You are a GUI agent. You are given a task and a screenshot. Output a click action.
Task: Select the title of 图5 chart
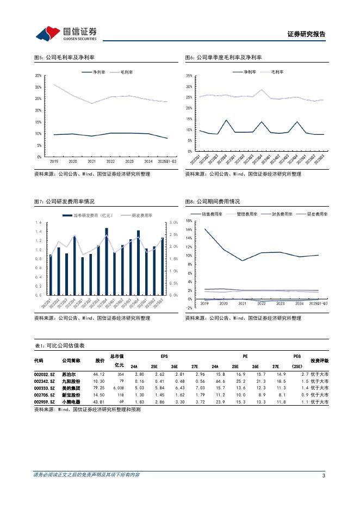click(64, 57)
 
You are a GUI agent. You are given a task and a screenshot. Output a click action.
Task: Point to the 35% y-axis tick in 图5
click(39, 76)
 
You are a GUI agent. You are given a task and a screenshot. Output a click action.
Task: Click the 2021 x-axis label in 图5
click(92, 162)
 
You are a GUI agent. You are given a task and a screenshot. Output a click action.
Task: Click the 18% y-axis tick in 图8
click(188, 221)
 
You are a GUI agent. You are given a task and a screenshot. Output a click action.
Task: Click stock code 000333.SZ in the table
click(44, 388)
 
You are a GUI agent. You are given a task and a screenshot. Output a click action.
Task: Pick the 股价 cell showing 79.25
click(98, 388)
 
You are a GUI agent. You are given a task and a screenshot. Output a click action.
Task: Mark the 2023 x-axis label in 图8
click(280, 303)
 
